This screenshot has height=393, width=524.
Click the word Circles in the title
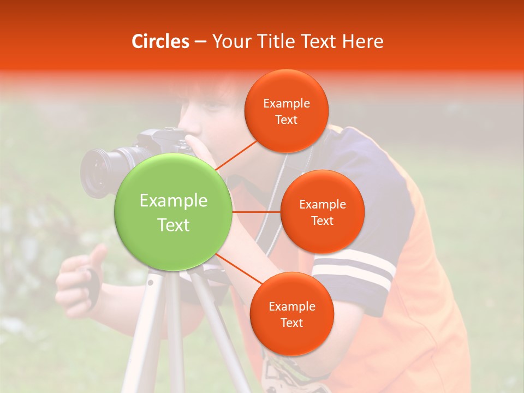tap(160, 41)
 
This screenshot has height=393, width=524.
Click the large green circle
tap(174, 212)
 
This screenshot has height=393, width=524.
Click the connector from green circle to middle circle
tap(257, 212)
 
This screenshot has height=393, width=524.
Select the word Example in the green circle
tap(174, 201)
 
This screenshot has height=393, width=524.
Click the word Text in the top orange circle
tap(287, 120)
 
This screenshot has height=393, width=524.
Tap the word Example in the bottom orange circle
tap(291, 306)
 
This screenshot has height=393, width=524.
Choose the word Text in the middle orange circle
tap(323, 221)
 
